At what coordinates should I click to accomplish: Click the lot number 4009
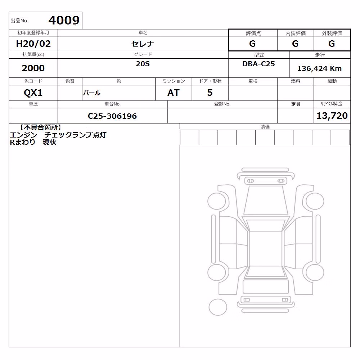pos(64,20)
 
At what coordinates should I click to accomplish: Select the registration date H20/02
pos(33,44)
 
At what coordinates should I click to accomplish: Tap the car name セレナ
pos(143,44)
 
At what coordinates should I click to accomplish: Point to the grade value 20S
pos(143,64)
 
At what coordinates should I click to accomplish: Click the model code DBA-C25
pos(258,64)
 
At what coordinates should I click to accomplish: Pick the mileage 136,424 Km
pos(319,68)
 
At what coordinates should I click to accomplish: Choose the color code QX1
pos(33,93)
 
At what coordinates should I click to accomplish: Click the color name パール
pos(91,93)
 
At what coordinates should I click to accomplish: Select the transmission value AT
pos(174,93)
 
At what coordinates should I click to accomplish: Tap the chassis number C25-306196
pos(112,116)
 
